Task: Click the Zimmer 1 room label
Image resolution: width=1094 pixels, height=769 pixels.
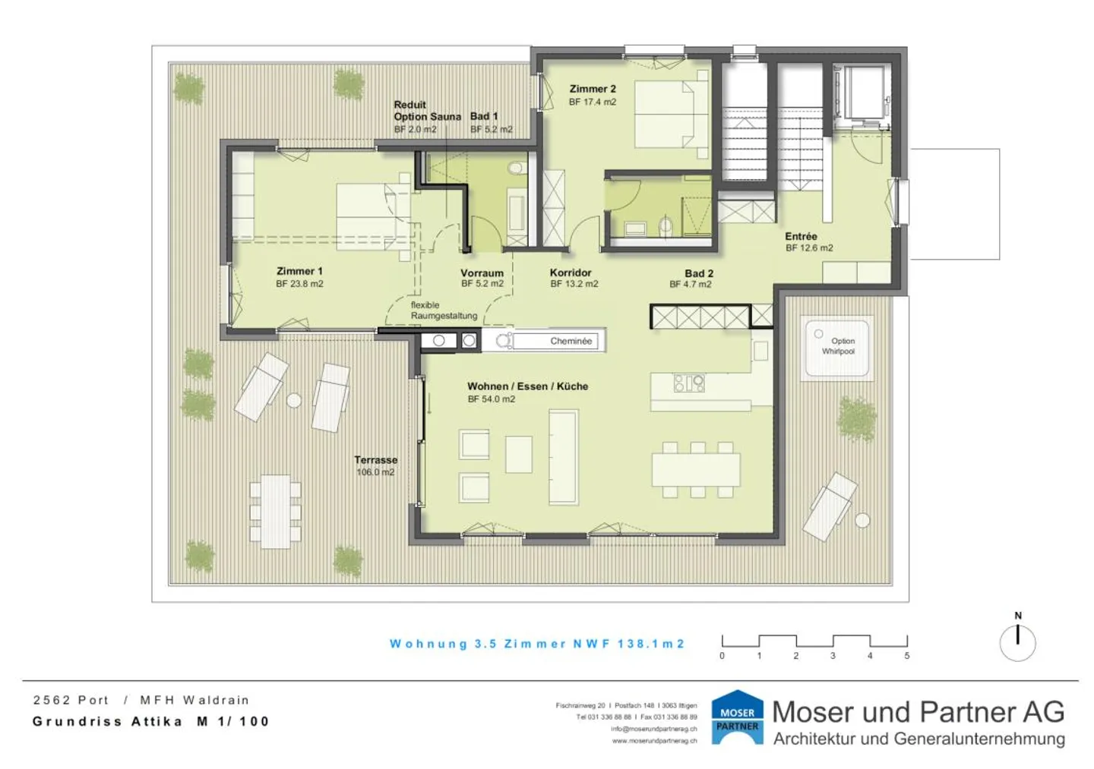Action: point(299,271)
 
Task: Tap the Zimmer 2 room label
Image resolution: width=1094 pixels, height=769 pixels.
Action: point(593,89)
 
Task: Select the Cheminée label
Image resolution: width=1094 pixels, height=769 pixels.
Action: point(571,341)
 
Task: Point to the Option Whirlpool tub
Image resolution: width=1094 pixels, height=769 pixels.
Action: point(837,348)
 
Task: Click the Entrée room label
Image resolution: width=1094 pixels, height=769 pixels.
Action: point(801,236)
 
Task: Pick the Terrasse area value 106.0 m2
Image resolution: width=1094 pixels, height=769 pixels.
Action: point(375,472)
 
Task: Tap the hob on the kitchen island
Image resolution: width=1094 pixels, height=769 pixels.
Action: point(688,383)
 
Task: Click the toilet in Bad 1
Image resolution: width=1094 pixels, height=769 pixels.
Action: point(515,169)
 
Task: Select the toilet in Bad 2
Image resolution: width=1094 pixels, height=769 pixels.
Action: point(666,227)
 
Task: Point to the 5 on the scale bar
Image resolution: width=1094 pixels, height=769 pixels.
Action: point(907,656)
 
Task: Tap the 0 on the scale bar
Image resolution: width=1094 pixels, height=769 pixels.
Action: point(722,656)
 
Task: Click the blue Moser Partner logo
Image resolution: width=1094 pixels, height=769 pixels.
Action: point(738,717)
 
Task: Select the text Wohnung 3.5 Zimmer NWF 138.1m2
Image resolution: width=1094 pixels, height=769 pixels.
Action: point(537,644)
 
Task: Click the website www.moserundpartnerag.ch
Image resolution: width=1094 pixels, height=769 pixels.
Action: point(654,741)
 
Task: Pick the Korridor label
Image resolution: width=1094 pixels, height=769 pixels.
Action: point(571,273)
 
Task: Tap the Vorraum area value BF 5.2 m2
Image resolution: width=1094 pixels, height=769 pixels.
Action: point(482,284)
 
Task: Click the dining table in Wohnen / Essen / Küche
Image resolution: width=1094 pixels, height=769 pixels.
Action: point(696,469)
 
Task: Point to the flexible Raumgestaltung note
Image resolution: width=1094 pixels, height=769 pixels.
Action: point(444,310)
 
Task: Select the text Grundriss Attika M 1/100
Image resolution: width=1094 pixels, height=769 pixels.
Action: point(151,721)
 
